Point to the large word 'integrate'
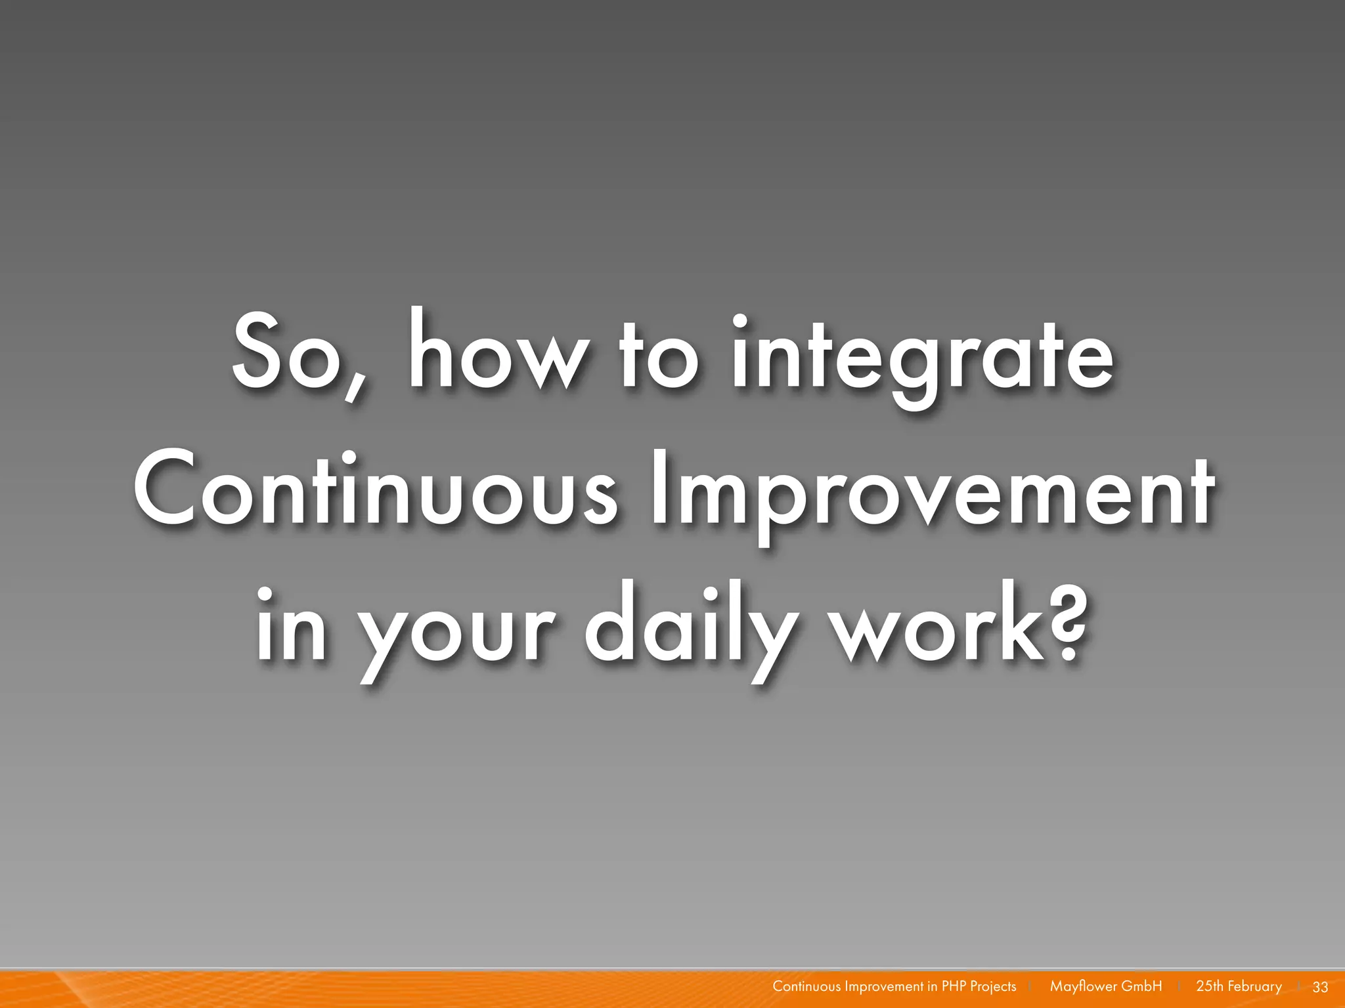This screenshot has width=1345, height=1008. tap(922, 358)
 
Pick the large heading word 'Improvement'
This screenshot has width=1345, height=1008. tap(932, 493)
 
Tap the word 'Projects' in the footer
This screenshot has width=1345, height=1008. tap(992, 987)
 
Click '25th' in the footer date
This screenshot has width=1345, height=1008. tap(1210, 986)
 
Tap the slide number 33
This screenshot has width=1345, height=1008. tap(1320, 987)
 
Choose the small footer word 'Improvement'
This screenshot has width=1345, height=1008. tap(884, 987)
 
